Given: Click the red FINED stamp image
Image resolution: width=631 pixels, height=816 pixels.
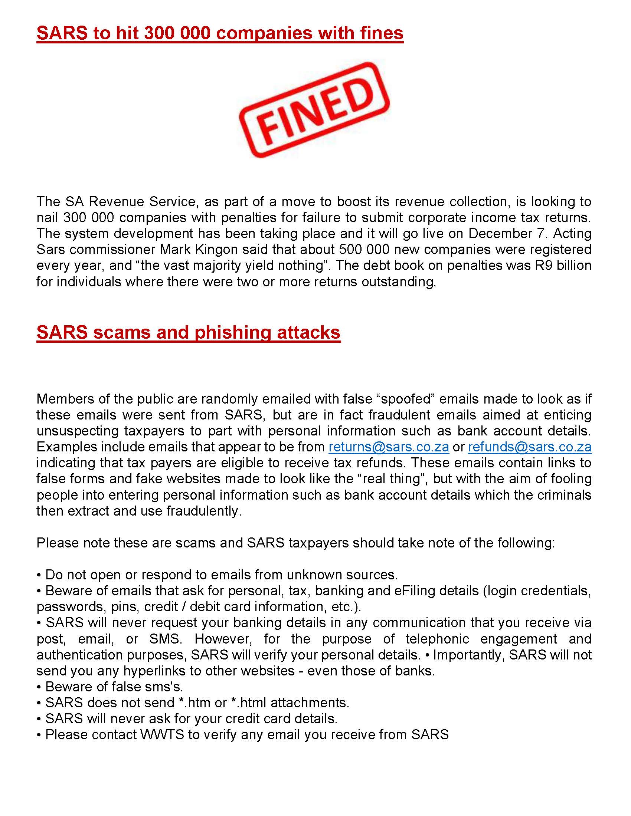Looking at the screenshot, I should tap(314, 110).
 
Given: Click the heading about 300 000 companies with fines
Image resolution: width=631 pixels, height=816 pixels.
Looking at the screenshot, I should tap(220, 33).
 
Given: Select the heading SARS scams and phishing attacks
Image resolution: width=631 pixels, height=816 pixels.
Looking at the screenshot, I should tap(189, 332).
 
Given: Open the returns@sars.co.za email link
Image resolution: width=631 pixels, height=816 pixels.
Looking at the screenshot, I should tap(389, 447).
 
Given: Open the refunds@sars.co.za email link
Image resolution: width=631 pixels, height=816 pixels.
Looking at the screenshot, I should tap(530, 447).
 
